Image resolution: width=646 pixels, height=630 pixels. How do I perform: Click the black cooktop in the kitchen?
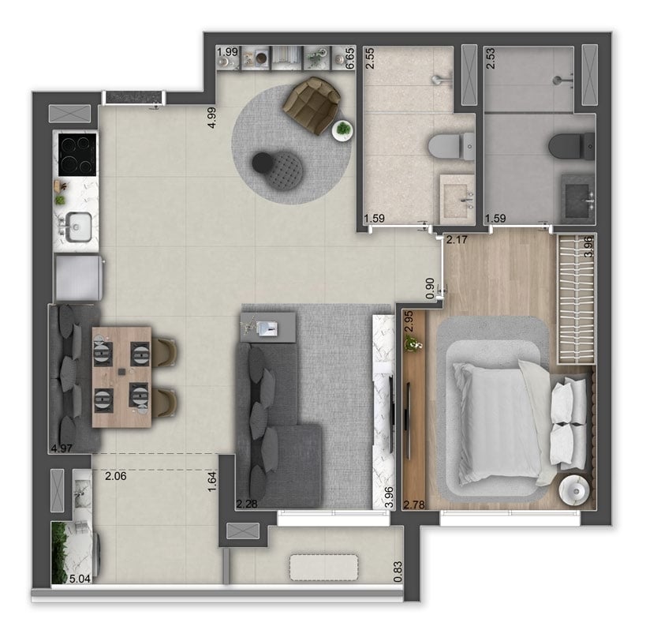click(75, 151)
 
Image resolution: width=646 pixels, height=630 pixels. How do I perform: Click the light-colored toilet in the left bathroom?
click(447, 147)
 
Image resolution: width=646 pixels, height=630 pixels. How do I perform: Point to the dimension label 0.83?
click(397, 569)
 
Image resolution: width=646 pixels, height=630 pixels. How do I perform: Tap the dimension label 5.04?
click(80, 579)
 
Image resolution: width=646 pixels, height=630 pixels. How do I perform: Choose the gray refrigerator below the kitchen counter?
click(78, 278)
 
